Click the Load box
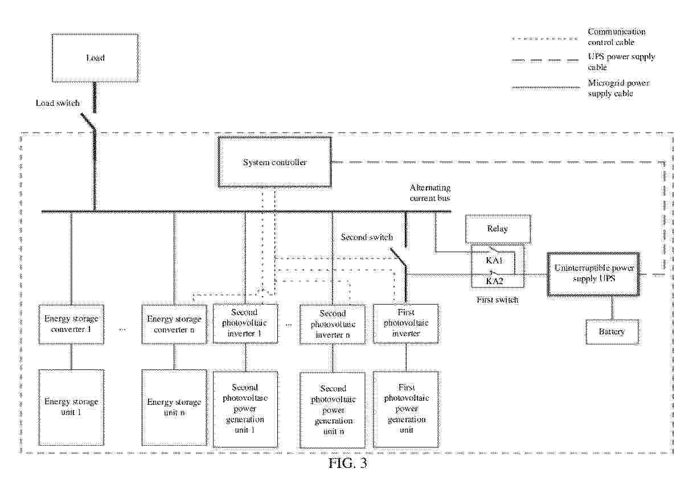coord(95,57)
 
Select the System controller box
coord(275,163)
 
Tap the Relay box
coord(498,229)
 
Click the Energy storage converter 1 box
coord(71,324)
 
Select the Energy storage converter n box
coord(174,324)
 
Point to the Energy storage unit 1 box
coord(71,406)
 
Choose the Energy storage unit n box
coord(174,406)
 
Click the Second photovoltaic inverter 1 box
coord(246,323)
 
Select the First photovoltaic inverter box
coord(406,323)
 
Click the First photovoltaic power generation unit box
coord(406,409)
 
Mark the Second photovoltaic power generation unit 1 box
coord(245,409)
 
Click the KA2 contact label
coord(494,281)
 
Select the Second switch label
coord(367,237)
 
